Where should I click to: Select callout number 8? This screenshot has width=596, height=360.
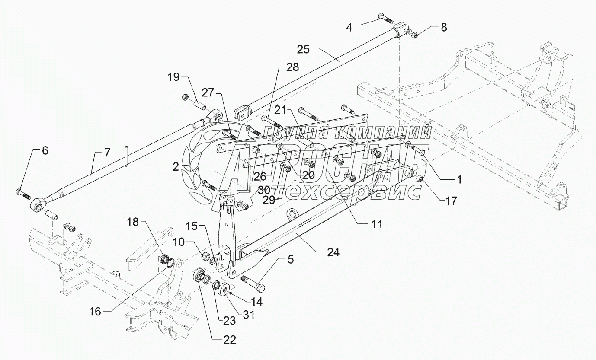(443, 27)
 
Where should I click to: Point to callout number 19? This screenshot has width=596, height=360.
(173, 77)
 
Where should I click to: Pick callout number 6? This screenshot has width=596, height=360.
(45, 151)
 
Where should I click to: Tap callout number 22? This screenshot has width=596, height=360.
(230, 340)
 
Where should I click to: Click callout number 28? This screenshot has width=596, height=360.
(292, 67)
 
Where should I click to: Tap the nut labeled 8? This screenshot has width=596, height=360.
(413, 35)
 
